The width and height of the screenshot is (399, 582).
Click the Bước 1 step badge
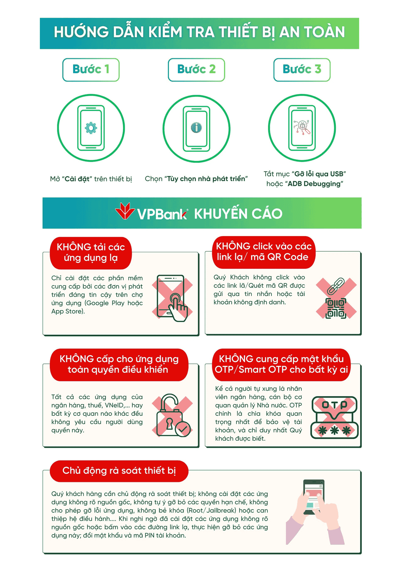click(91, 70)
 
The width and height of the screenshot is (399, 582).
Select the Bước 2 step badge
click(197, 70)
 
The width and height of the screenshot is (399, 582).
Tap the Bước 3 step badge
click(302, 70)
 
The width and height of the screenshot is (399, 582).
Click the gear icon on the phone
click(91, 128)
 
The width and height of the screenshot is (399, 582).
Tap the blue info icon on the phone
click(197, 128)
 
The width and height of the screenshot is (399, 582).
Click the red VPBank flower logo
click(125, 211)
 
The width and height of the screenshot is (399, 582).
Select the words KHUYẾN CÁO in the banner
click(238, 213)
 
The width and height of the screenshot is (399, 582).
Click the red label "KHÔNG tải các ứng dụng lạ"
click(91, 253)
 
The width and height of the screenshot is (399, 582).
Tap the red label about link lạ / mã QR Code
click(264, 252)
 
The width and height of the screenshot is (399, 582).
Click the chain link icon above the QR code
click(335, 286)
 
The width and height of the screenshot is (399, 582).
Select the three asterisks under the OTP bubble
click(334, 431)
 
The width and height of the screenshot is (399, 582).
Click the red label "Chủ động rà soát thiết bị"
click(119, 471)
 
